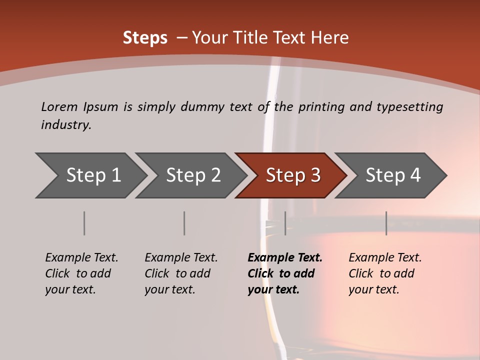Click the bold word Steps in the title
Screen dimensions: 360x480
click(x=145, y=38)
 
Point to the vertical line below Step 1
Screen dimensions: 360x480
click(x=84, y=223)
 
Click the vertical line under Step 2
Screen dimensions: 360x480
click(x=184, y=223)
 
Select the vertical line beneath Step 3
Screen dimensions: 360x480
click(x=285, y=223)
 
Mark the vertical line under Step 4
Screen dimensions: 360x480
click(x=386, y=223)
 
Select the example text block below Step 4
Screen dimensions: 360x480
click(x=385, y=273)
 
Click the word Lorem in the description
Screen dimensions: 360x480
click(x=59, y=106)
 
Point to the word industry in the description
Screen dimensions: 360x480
click(x=66, y=125)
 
